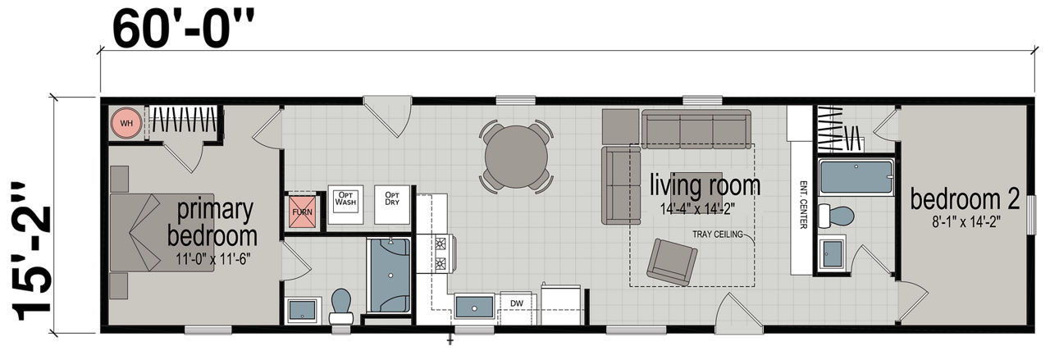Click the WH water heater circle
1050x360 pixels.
coord(126,123)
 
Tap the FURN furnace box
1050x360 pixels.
coord(303,212)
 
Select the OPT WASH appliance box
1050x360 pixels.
coord(345,204)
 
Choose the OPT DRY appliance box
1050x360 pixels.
coord(392,204)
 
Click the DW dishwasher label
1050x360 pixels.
coord(517,303)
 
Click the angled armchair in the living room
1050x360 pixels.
coord(672,262)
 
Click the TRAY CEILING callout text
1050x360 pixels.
coord(718,234)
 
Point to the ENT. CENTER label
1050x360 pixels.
coord(803,205)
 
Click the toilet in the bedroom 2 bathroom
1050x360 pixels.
coord(836,216)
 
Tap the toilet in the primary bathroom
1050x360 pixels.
coord(341,307)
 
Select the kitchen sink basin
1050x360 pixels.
coord(474,307)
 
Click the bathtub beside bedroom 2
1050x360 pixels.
coord(856,177)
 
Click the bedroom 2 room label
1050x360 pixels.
coord(966,199)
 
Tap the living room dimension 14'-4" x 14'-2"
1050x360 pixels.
coord(697,208)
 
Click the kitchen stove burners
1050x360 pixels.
coord(441,253)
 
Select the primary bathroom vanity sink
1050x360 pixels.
coord(303,310)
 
